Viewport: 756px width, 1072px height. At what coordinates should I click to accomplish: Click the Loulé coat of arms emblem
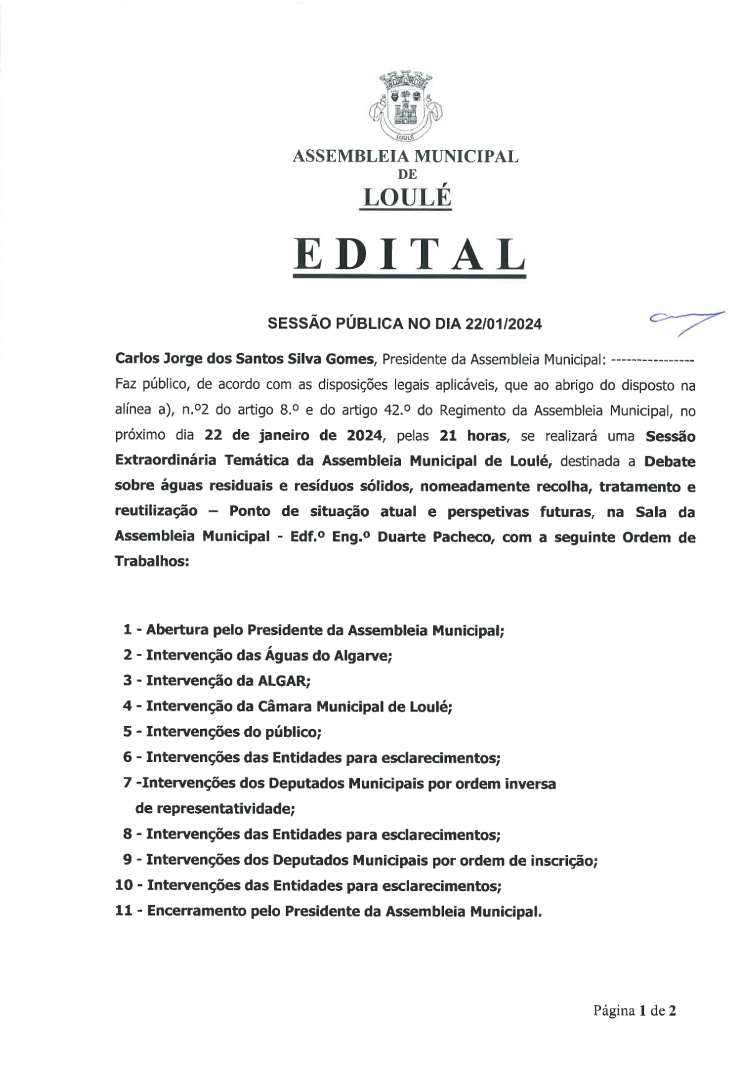406,107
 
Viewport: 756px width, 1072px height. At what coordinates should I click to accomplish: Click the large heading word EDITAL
409,255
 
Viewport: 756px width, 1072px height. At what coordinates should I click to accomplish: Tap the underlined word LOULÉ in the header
407,197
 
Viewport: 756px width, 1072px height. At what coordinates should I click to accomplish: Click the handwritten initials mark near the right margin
686,321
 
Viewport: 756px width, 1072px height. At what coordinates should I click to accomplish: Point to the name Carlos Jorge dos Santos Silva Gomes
245,359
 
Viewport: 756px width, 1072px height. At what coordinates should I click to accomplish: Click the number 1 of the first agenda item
127,630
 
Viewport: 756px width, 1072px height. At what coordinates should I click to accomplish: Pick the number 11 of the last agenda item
124,911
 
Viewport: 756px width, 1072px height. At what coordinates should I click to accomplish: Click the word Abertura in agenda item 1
177,630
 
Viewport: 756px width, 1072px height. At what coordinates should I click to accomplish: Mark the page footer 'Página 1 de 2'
634,1011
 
